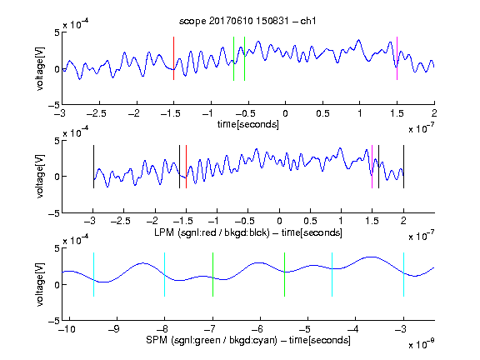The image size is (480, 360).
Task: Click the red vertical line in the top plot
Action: point(173,58)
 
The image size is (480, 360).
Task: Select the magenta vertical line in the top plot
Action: point(397,58)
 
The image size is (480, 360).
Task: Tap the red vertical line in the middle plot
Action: point(186,167)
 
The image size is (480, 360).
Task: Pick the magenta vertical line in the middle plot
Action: point(372,167)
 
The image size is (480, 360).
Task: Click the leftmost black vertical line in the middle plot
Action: point(93,167)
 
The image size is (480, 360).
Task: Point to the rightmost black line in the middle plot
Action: point(404,167)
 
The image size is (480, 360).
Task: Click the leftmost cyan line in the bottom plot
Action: point(93,275)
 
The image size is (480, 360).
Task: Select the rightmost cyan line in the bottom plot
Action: point(404,275)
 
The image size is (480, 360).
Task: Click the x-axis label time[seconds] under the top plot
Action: point(248,124)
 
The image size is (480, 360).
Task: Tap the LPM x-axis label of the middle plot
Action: point(248,232)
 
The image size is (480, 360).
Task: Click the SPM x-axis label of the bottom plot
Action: point(248,340)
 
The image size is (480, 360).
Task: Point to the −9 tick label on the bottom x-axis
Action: point(114,329)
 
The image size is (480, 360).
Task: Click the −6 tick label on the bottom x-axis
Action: point(257,329)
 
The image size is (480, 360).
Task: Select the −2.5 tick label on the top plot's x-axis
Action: point(97,113)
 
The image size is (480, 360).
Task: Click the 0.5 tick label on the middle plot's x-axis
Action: point(310,221)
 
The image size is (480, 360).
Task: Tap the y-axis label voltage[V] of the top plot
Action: point(40,68)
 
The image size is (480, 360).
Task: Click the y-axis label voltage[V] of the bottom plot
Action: point(40,285)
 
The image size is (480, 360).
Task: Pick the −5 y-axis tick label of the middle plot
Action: point(54,213)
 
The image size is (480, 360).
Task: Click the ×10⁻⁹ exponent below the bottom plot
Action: point(422,344)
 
